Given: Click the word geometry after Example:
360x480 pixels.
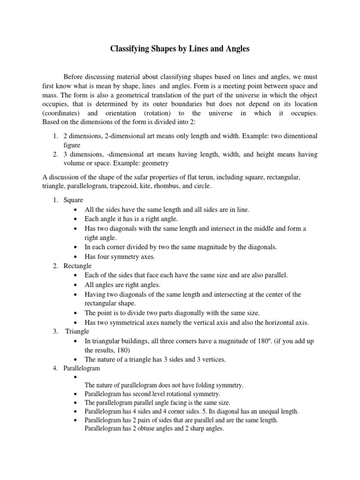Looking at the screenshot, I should pos(153,163).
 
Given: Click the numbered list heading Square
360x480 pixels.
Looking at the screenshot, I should pos(73,200).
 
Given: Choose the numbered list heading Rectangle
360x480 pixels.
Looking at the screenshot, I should pos(77,266).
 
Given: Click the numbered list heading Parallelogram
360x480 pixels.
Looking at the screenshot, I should pos(83,368).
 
